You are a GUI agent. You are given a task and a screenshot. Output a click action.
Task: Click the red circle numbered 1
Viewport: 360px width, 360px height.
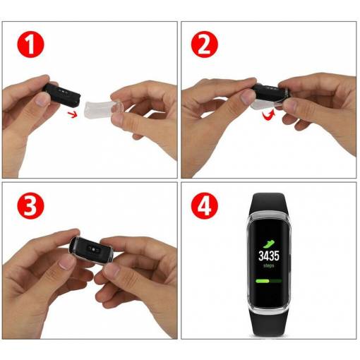point(30,44)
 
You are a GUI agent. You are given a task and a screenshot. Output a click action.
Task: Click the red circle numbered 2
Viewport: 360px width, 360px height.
point(205,44)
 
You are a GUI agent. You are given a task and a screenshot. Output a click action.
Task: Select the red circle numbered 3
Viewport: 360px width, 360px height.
point(30,206)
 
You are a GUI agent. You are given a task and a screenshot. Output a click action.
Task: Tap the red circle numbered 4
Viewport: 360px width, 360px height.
point(205,206)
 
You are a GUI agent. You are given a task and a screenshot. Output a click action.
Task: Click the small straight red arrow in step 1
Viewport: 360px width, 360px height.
point(73,114)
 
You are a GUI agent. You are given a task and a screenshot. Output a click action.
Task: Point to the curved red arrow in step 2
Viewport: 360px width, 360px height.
point(269,115)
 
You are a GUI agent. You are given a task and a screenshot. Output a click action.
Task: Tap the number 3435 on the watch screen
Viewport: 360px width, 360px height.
point(269,256)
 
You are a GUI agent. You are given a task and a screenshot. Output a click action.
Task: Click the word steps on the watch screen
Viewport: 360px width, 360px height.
point(268,265)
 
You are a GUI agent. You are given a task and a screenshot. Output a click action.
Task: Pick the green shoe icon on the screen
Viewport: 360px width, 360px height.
point(269,244)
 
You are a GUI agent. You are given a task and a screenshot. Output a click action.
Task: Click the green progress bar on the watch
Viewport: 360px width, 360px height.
point(268,281)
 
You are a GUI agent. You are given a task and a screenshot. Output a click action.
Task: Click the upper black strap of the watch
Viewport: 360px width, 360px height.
point(268,203)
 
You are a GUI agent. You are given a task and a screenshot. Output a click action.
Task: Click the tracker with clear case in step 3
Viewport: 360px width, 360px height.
point(92,250)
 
